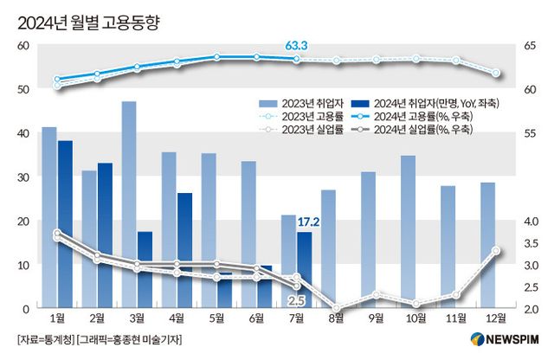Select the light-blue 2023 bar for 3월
[x=129, y=204]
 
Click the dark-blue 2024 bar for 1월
[x=65, y=224]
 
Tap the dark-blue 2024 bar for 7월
[x=304, y=270]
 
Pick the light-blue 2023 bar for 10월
[x=408, y=232]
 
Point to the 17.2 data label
[x=309, y=222]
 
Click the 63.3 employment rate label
[x=297, y=44]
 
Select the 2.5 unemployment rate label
[x=296, y=300]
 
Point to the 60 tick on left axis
[x=23, y=45]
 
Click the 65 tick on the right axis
[x=531, y=45]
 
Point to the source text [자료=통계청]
[x=45, y=338]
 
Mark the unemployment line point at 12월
[x=496, y=251]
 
